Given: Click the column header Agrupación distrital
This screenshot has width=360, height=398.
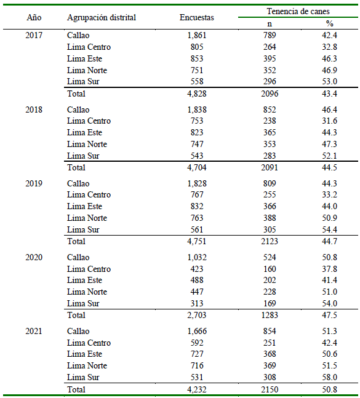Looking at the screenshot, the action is tap(102, 17).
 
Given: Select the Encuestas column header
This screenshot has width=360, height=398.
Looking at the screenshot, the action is tap(197, 17).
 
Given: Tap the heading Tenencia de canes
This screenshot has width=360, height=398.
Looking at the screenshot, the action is tap(298, 11).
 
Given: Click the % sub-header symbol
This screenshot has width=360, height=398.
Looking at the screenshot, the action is tap(329, 23).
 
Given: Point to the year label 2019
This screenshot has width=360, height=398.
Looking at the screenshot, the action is tap(34, 183).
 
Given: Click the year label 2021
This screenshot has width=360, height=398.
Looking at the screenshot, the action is tap(34, 331).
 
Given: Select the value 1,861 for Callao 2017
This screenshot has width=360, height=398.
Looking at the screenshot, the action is tap(197, 35).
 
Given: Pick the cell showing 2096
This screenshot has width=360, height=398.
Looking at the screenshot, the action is tap(270, 94).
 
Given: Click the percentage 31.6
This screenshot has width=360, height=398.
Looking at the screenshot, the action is tap(329, 121).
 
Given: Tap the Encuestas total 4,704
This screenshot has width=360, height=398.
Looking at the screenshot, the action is tap(197, 167).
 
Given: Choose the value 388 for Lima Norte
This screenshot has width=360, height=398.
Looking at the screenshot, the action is tap(270, 218).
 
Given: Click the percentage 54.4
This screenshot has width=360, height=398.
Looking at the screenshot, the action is tap(329, 229).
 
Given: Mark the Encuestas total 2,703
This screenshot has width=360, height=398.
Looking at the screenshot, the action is tap(197, 315).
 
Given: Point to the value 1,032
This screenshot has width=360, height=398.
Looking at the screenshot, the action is tap(197, 257).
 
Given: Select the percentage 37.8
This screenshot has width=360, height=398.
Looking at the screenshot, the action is tap(329, 269).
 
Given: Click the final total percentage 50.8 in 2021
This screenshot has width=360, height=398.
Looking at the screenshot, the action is tap(329, 389).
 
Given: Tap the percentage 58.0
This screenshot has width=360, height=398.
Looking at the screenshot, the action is tap(329, 377).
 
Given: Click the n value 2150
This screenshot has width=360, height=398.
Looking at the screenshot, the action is tap(270, 389).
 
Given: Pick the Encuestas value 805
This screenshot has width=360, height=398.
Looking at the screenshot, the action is tap(197, 47).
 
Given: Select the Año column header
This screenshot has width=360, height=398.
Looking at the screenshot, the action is tap(34, 17).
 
